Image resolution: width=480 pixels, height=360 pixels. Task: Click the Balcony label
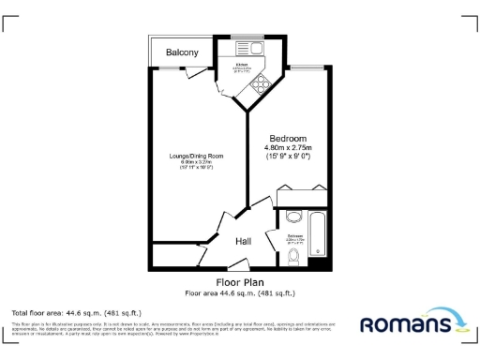click(182, 53)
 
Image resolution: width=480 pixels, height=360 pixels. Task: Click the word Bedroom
click(288, 138)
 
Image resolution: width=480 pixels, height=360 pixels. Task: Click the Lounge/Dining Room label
click(196, 155)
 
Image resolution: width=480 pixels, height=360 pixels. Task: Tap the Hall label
click(244, 242)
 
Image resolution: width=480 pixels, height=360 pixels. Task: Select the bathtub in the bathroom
click(316, 233)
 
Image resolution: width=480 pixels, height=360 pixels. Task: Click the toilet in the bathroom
click(293, 256)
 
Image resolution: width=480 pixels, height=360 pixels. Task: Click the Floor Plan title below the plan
click(241, 281)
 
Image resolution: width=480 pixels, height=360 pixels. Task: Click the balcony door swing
click(217, 78)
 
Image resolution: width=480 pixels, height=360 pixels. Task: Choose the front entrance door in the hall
click(240, 261)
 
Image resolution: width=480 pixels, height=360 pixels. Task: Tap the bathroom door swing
click(271, 217)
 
